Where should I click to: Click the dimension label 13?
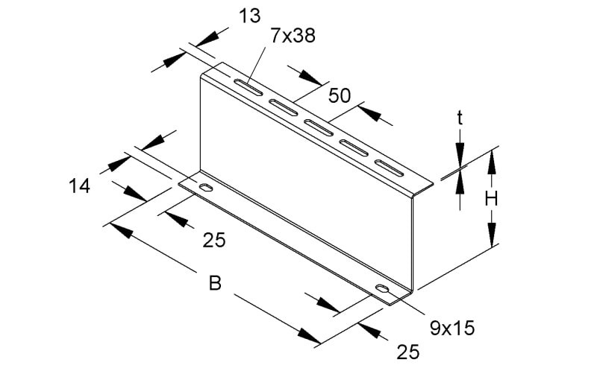coord(250,16)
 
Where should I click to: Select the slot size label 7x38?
coord(293,36)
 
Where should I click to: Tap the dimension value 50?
coord(340,95)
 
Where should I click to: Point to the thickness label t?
coord(460,118)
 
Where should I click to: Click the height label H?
coord(492,199)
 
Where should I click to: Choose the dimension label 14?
coord(80,186)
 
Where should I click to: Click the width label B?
coord(215,283)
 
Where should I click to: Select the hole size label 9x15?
coord(452,328)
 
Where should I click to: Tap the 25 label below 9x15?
coord(408,352)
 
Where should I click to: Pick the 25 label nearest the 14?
coord(214,240)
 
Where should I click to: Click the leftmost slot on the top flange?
coord(248,87)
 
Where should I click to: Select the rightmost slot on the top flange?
coord(389,168)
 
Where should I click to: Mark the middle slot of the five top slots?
coord(319,127)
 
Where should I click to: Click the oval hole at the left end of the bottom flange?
coord(206,188)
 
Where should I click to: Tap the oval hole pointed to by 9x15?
coord(383,288)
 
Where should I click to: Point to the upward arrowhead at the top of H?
coord(492,162)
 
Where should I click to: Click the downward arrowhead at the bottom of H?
coord(492,235)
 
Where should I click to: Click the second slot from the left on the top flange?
coord(284,107)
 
